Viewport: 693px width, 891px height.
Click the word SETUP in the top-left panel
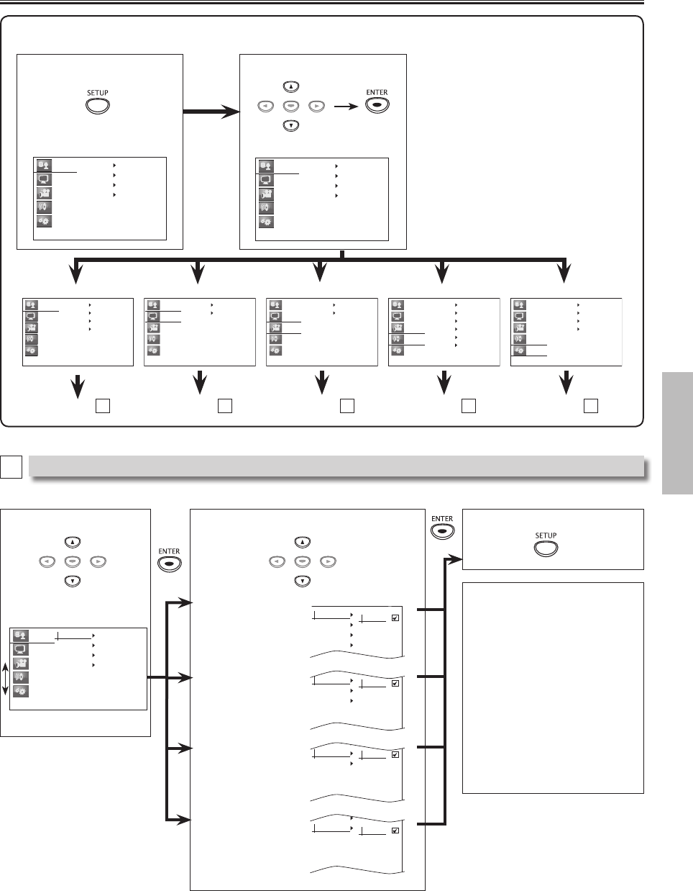pos(98,93)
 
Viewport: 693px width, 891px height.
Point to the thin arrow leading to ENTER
pos(346,107)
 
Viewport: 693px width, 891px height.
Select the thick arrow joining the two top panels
pos(211,111)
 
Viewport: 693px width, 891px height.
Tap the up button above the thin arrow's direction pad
pos(291,86)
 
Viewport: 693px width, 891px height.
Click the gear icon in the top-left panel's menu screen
pos(45,221)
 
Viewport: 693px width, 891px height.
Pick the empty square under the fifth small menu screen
pos(591,406)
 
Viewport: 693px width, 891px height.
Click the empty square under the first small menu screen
pos(103,406)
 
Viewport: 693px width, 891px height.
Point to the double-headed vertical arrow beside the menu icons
pos(5,679)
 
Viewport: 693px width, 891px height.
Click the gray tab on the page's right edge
pos(677,433)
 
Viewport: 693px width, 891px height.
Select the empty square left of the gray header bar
pos(11,466)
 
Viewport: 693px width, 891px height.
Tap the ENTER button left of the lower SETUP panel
pos(442,532)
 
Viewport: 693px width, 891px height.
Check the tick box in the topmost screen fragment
pos(395,618)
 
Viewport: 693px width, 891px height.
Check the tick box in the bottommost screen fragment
pos(395,831)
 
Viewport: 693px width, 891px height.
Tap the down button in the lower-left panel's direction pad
pos(73,581)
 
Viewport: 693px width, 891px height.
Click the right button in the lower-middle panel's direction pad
pos(328,561)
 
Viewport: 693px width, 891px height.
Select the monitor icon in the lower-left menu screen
pos(20,649)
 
